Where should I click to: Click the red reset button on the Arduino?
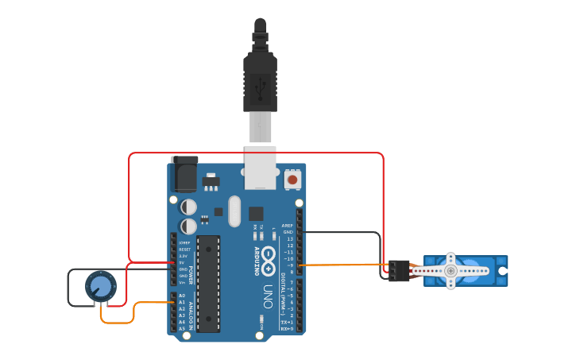point(292,180)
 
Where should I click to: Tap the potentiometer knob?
point(99,286)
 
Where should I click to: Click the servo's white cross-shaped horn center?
point(450,270)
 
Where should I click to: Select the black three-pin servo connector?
point(399,270)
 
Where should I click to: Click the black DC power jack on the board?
point(184,175)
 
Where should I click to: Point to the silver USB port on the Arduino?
point(261,168)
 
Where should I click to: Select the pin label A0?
point(182,296)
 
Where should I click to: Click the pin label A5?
point(182,328)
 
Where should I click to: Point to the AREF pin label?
point(288,226)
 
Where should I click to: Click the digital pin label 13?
point(290,238)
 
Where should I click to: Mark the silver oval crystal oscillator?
point(234,211)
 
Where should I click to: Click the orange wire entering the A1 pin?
point(151,303)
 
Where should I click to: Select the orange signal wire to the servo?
point(342,265)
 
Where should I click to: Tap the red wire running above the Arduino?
point(254,153)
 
